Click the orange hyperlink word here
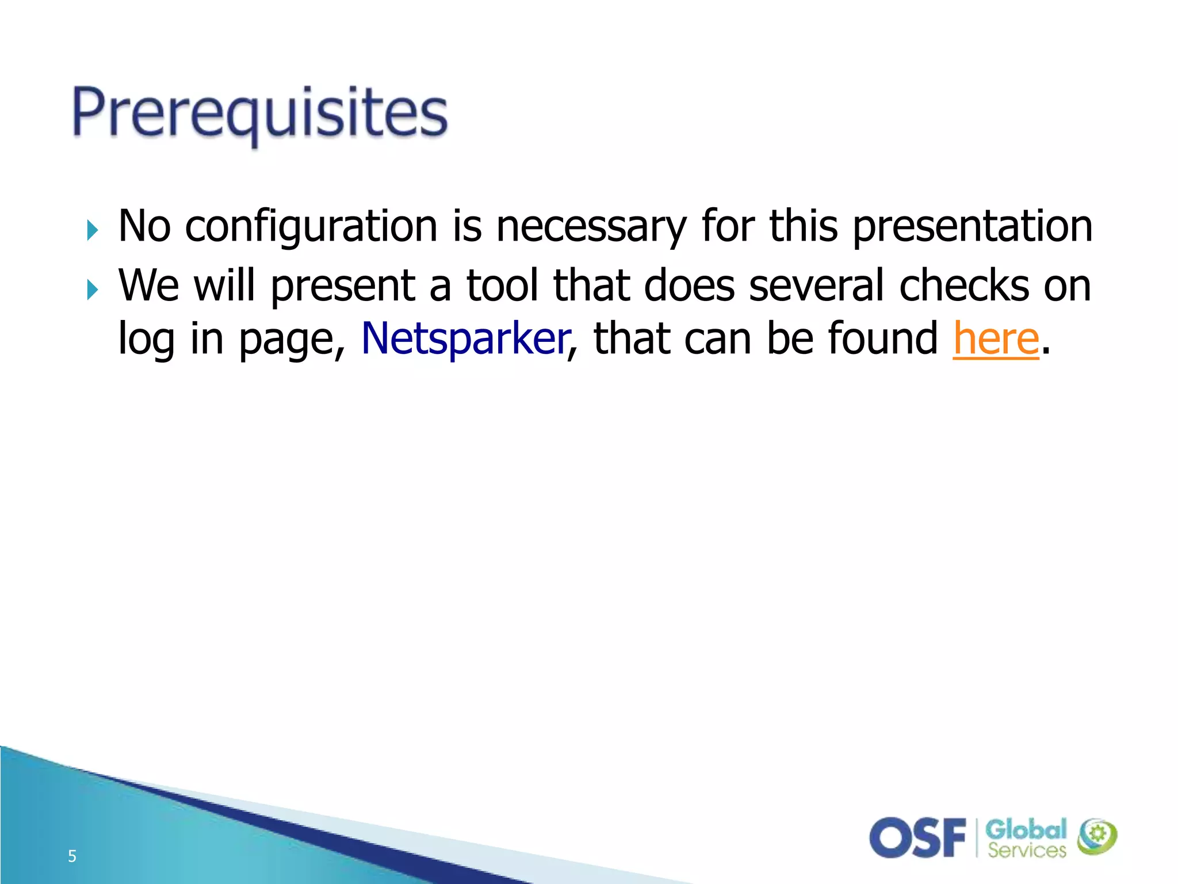[996, 339]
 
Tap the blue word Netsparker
[465, 339]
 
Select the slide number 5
[72, 856]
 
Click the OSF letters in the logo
[917, 838]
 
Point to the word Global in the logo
[1026, 830]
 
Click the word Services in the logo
[1027, 850]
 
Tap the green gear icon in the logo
[1097, 836]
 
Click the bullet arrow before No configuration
[92, 230]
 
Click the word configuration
[311, 226]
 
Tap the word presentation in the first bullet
[972, 226]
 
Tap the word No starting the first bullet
[144, 226]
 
